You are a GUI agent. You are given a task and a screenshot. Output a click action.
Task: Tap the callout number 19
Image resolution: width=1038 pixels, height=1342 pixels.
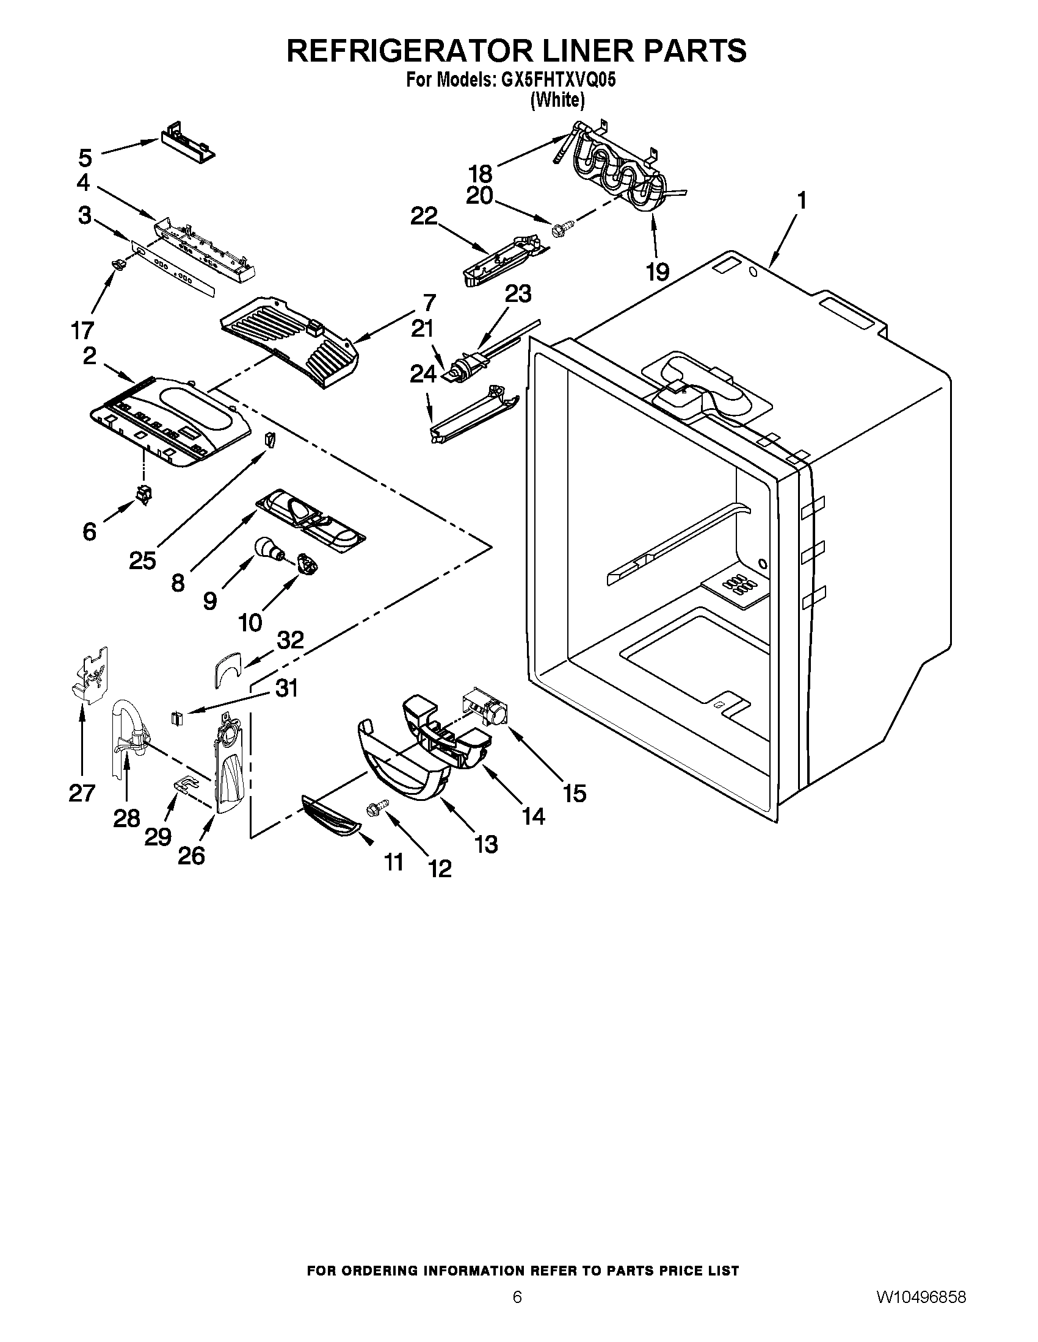point(658,271)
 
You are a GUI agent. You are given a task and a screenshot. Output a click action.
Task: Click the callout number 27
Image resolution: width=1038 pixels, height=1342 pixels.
point(82,793)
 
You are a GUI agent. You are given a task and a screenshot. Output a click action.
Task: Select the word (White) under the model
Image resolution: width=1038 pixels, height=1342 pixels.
point(557,99)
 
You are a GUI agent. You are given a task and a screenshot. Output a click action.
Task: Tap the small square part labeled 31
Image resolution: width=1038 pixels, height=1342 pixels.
point(178,717)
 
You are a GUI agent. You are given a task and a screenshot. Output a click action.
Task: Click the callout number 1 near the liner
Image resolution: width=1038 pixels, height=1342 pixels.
point(801,200)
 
